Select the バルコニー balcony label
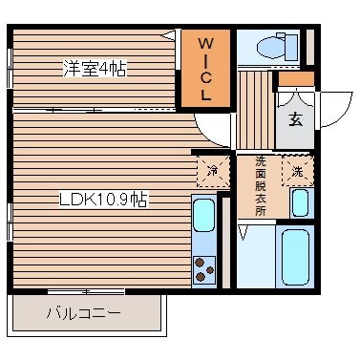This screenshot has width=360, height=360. point(83,312)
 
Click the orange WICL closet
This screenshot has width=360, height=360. point(206,70)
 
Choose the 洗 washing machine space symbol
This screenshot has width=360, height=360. point(298,172)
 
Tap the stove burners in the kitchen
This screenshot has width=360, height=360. point(203,270)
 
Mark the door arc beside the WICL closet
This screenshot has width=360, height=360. point(212,127)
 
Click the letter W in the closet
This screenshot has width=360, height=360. point(206,43)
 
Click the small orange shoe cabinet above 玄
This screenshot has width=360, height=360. point(295,79)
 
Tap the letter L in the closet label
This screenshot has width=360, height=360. point(206,95)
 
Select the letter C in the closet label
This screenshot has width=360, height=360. point(206,77)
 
